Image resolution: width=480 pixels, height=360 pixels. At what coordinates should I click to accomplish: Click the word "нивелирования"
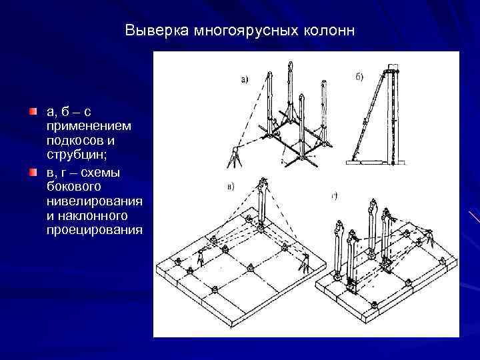click(93, 201)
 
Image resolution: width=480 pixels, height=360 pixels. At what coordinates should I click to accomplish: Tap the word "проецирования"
click(94, 230)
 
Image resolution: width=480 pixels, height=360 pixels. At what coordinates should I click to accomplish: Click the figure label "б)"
click(358, 77)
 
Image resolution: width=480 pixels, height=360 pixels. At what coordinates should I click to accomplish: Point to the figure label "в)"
click(231, 187)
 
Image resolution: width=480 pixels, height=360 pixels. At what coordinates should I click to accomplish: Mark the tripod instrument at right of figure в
click(304, 263)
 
